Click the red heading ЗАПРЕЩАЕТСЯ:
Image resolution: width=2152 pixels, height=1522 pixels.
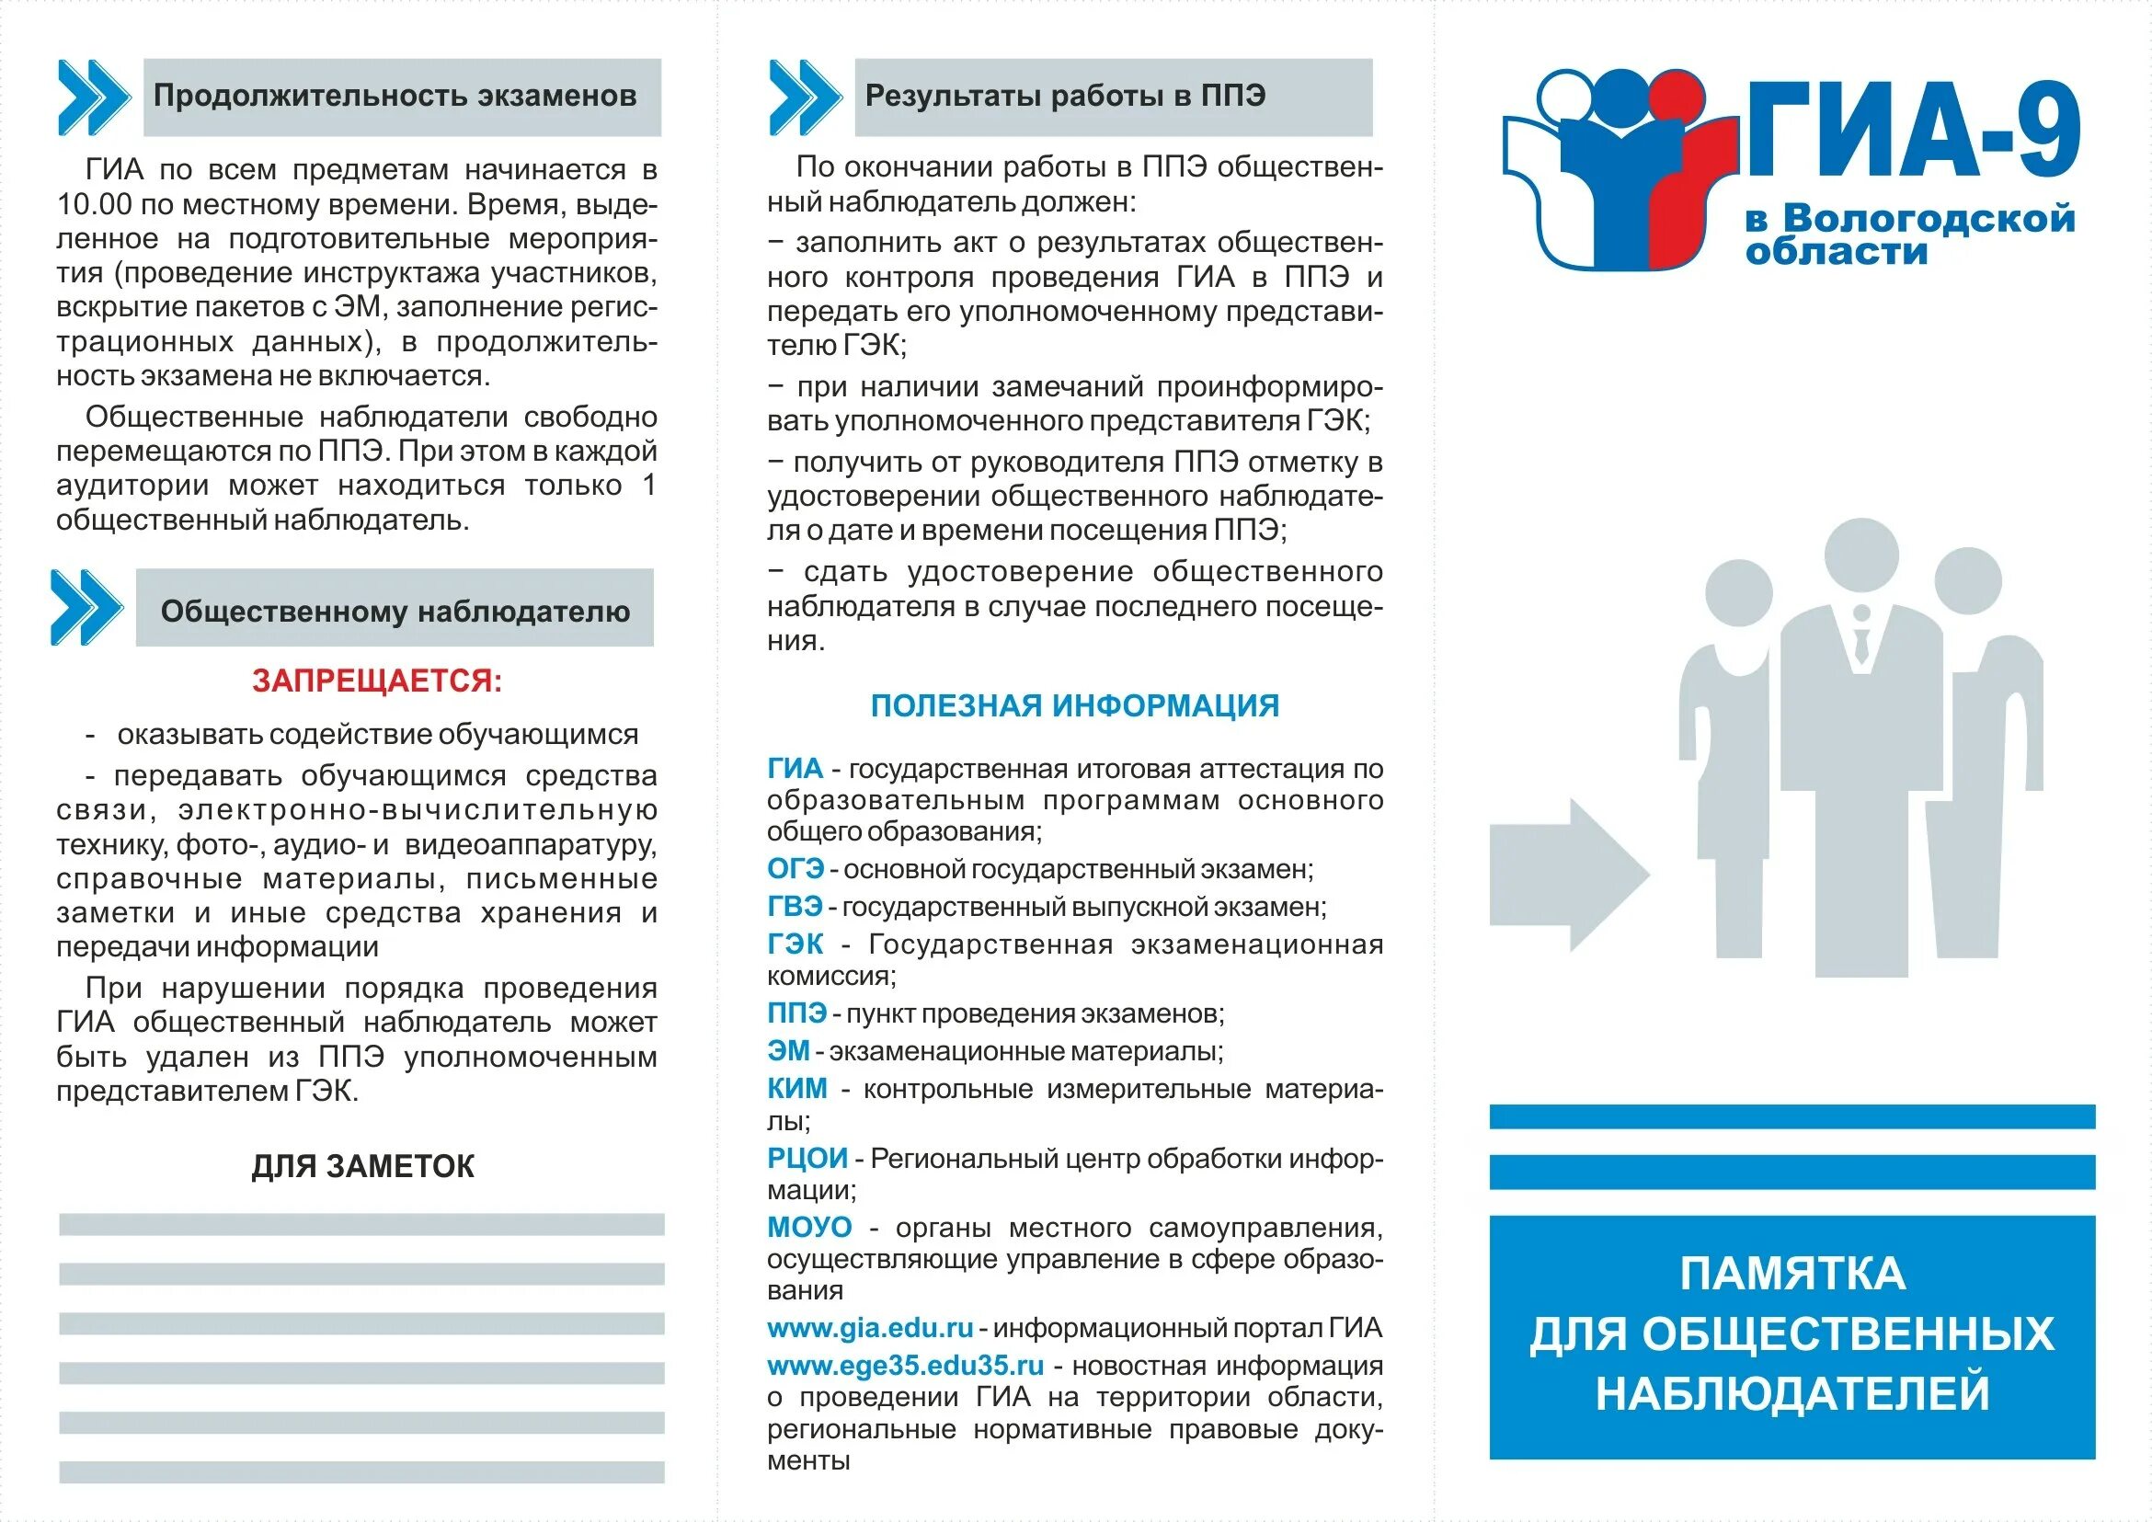point(377,681)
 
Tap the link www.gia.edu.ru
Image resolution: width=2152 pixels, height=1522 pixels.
point(870,1328)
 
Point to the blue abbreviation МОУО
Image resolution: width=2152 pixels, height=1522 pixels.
point(809,1227)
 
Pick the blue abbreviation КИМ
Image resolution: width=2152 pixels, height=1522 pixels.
point(796,1088)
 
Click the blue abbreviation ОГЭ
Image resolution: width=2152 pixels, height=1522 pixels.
point(795,869)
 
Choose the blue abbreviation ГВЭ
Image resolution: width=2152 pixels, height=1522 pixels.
point(794,906)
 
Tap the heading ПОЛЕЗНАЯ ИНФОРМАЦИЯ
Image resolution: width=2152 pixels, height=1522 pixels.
point(1074,705)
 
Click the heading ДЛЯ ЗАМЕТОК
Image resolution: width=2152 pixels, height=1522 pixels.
point(362,1166)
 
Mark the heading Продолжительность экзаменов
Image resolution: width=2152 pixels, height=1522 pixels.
point(395,96)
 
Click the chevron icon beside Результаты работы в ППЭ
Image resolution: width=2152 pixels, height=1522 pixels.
point(804,97)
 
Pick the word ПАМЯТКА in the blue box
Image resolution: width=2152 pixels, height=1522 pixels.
point(1791,1274)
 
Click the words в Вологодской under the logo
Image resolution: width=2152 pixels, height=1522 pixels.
point(1910,218)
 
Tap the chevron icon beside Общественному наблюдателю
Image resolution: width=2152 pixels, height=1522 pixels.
point(86,607)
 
